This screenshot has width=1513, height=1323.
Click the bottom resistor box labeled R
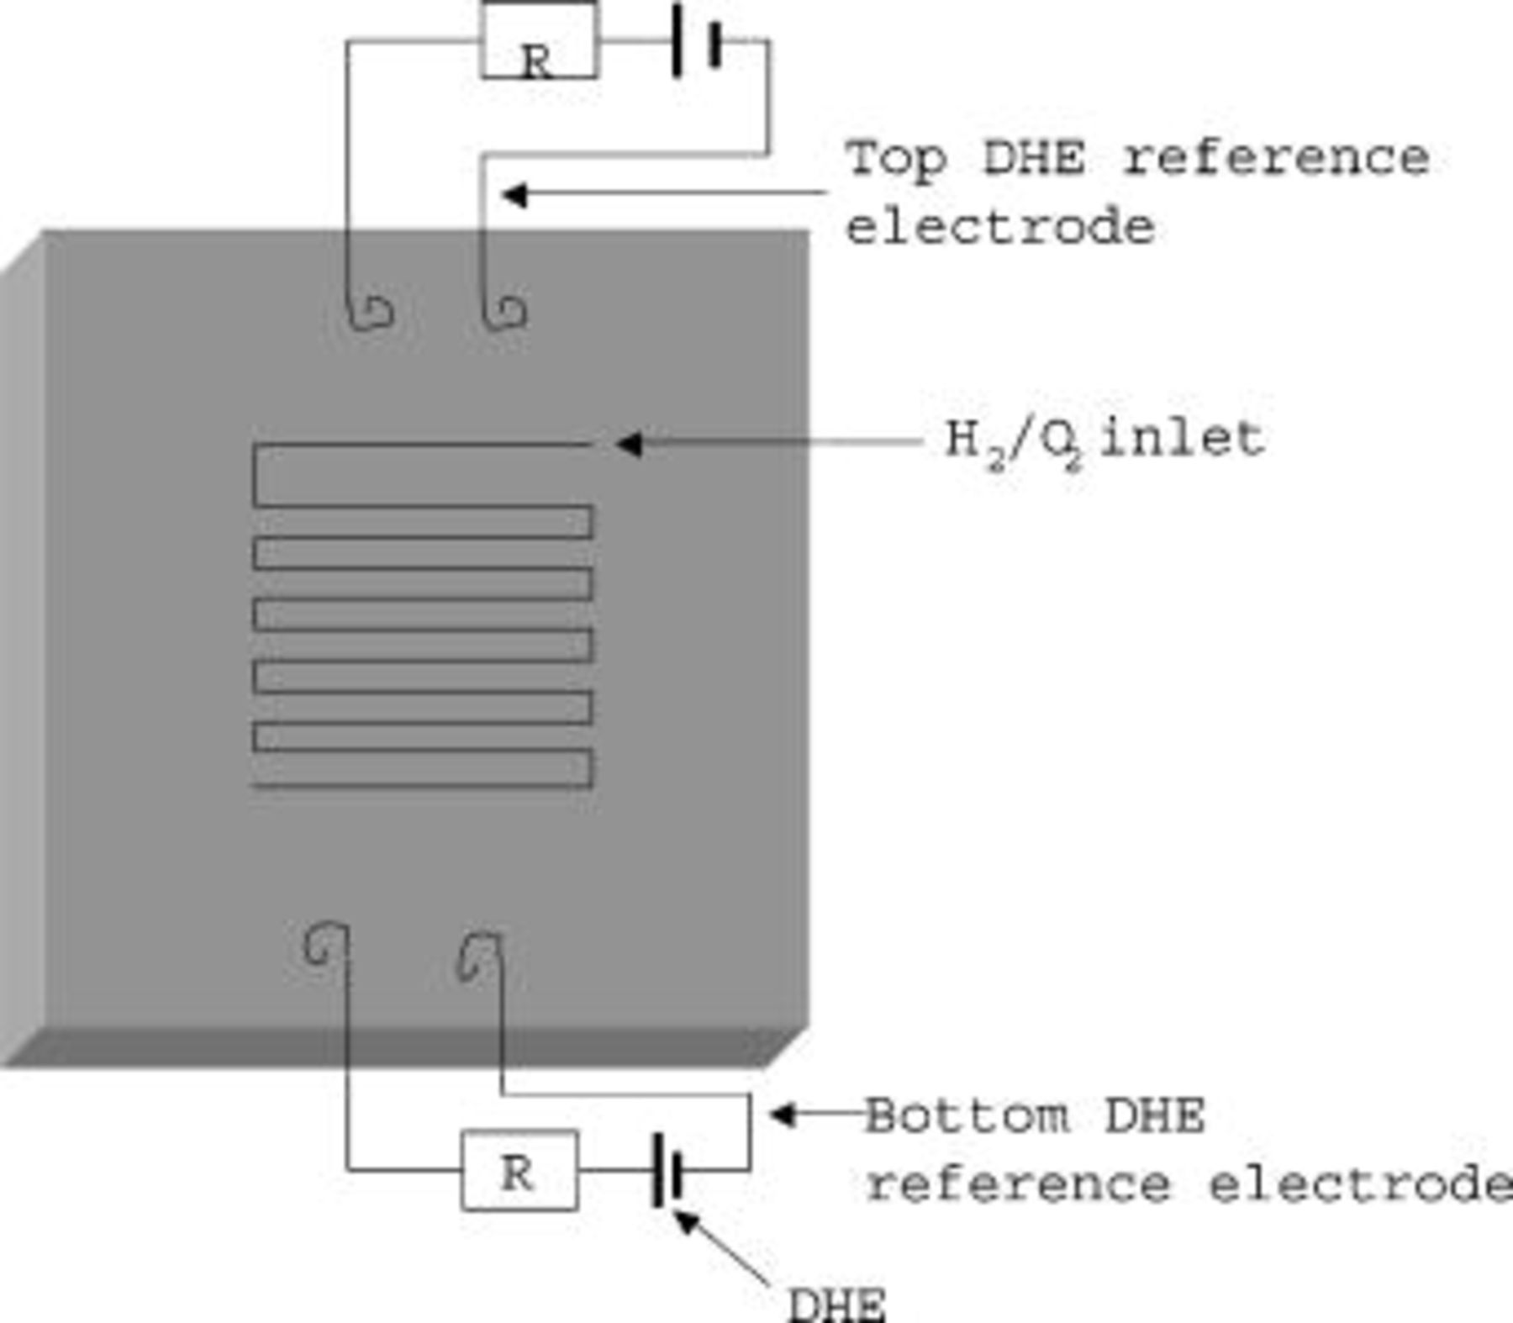click(x=519, y=1171)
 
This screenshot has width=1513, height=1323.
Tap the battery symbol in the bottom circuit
click(x=668, y=1170)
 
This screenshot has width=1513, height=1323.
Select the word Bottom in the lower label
click(x=967, y=1117)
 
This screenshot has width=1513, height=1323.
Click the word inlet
click(x=1181, y=439)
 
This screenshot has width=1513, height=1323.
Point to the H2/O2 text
click(x=1013, y=442)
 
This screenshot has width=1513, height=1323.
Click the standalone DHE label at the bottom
click(x=836, y=1305)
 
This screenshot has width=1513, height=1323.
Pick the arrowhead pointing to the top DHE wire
click(x=513, y=195)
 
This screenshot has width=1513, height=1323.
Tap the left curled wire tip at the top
click(x=371, y=313)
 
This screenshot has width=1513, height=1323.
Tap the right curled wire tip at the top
click(x=506, y=314)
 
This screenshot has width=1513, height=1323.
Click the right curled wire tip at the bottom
click(x=475, y=956)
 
